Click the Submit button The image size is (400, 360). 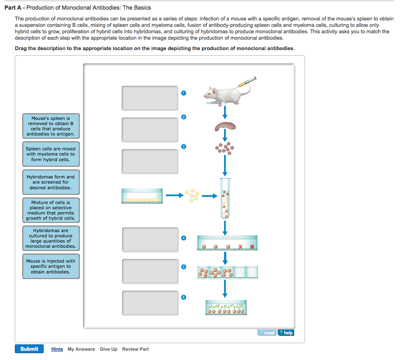29,349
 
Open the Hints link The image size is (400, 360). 57,349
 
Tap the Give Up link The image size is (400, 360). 108,349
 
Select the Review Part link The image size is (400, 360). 135,349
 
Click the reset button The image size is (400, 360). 267,333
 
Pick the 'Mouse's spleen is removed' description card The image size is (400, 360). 51,126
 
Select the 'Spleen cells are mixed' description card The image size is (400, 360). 51,154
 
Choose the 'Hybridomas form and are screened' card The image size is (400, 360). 51,182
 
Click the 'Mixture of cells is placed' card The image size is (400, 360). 51,210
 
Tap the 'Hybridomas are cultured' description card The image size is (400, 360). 51,239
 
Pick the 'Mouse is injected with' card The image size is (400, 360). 51,267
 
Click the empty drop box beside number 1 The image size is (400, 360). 150,98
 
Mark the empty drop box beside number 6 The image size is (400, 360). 150,303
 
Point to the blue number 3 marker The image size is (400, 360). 184,147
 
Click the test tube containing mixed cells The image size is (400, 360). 226,198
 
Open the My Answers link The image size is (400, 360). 81,349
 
